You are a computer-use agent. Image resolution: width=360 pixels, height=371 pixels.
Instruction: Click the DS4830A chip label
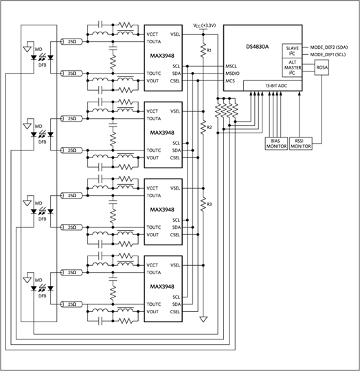coord(258,47)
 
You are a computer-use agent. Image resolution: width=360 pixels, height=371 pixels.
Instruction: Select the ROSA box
coord(322,67)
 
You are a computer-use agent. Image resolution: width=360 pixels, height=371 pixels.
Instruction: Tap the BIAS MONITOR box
coord(276,144)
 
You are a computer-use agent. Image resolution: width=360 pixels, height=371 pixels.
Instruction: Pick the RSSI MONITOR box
coord(301,144)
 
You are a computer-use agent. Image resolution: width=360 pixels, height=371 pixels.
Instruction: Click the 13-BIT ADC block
coord(273,86)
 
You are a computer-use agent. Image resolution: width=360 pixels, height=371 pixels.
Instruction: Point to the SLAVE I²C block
coord(292,51)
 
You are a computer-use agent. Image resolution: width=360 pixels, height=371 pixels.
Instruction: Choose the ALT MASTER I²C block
coord(292,67)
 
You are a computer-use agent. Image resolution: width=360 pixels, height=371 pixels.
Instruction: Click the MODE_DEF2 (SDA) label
coord(329,47)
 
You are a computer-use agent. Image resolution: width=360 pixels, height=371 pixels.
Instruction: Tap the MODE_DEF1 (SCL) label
coord(328,55)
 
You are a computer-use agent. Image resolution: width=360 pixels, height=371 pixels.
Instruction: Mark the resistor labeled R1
coord(203,50)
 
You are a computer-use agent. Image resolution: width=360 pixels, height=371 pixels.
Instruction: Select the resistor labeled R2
coord(203,127)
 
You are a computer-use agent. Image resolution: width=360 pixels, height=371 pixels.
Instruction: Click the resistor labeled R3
coord(203,204)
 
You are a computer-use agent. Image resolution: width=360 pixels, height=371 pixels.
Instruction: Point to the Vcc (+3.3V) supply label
coord(204,25)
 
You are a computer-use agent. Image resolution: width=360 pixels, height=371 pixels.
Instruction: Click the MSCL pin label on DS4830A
coord(231,66)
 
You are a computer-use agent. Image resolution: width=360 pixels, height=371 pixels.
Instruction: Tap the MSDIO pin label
coord(232,74)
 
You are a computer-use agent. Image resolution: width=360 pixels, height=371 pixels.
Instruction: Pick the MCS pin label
coord(230,81)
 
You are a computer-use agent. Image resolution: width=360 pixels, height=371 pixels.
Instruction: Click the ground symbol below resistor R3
coord(203,319)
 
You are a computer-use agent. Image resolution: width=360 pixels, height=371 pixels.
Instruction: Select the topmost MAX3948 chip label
coord(162,56)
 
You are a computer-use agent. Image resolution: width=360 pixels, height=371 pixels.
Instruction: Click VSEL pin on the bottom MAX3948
coord(175,265)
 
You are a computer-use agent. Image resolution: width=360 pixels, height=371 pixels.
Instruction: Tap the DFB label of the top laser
coord(43,65)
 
